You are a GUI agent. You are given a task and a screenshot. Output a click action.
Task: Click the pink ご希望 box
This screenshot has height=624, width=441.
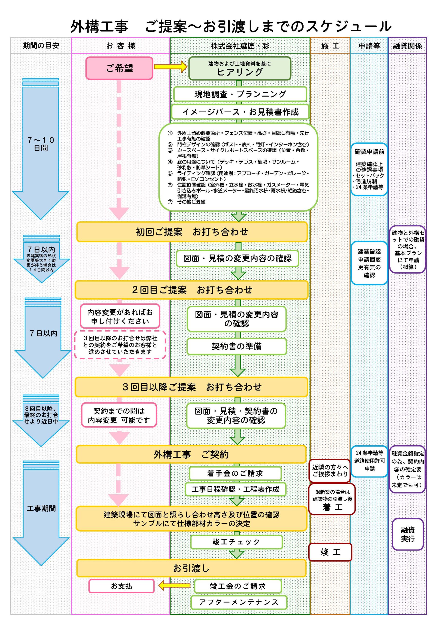coord(120,68)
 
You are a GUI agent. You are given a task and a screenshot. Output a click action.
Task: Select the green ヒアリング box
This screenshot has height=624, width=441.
coord(240,68)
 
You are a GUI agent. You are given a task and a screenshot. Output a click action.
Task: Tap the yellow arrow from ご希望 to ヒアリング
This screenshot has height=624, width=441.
coord(170,67)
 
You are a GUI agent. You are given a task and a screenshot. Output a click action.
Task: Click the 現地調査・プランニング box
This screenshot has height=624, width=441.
coord(240,94)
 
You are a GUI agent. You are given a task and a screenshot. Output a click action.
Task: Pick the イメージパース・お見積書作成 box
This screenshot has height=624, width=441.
coord(240,112)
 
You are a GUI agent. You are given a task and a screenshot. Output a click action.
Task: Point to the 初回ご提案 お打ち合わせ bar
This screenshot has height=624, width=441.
coord(192,232)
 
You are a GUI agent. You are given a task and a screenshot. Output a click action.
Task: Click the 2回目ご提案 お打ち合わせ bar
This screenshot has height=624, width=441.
coord(192,290)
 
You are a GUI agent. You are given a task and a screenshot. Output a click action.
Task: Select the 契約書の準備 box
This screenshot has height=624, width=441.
coord(236,346)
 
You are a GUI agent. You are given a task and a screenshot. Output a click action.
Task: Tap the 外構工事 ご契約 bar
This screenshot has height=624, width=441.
coord(191,454)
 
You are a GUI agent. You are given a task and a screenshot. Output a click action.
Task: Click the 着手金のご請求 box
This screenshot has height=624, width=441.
coord(235,473)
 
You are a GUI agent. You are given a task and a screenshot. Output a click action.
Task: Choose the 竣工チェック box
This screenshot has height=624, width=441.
coord(236,542)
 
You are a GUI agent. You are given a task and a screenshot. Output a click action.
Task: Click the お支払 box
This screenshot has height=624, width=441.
coord(121,586)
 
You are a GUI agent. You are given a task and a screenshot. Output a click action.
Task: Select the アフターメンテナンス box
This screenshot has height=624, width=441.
coord(238,602)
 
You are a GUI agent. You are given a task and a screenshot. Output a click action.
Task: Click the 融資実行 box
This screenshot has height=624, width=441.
coord(408,534)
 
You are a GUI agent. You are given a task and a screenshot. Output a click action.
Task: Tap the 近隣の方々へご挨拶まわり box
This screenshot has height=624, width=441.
coord(330,470)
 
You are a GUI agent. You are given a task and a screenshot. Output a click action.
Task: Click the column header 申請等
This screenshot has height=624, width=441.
coord(369,46)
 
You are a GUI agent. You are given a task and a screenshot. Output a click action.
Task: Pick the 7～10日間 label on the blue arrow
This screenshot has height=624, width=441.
coord(41,144)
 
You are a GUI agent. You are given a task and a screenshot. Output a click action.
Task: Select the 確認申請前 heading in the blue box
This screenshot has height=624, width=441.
coord(369,152)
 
